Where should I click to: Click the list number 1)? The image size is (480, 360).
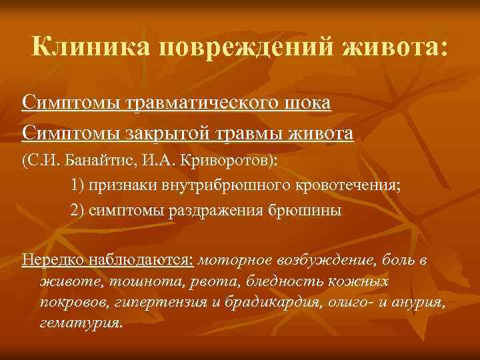pyautogui.click(x=77, y=185)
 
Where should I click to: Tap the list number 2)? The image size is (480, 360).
pyautogui.click(x=77, y=210)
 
